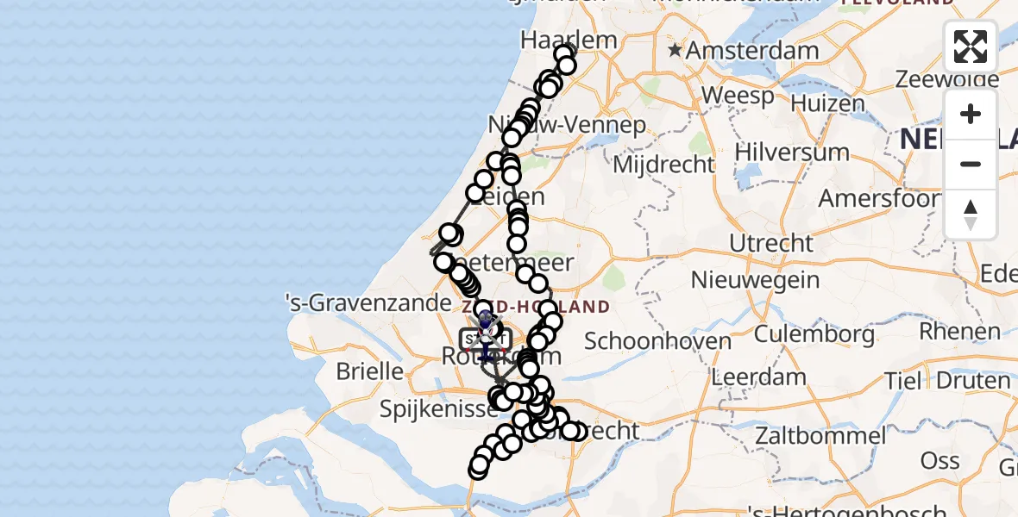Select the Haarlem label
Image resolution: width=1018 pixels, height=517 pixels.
(x=569, y=40)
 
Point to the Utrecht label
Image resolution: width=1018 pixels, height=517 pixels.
(x=772, y=244)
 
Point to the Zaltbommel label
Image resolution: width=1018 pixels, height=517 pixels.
(x=820, y=436)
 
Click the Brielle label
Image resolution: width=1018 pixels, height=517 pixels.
(x=369, y=371)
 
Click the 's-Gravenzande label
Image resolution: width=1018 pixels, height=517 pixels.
(x=368, y=303)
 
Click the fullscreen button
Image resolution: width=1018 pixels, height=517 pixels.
(x=971, y=47)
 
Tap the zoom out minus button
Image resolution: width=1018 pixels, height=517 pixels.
(x=971, y=165)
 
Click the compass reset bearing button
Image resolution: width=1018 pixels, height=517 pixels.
(x=971, y=215)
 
